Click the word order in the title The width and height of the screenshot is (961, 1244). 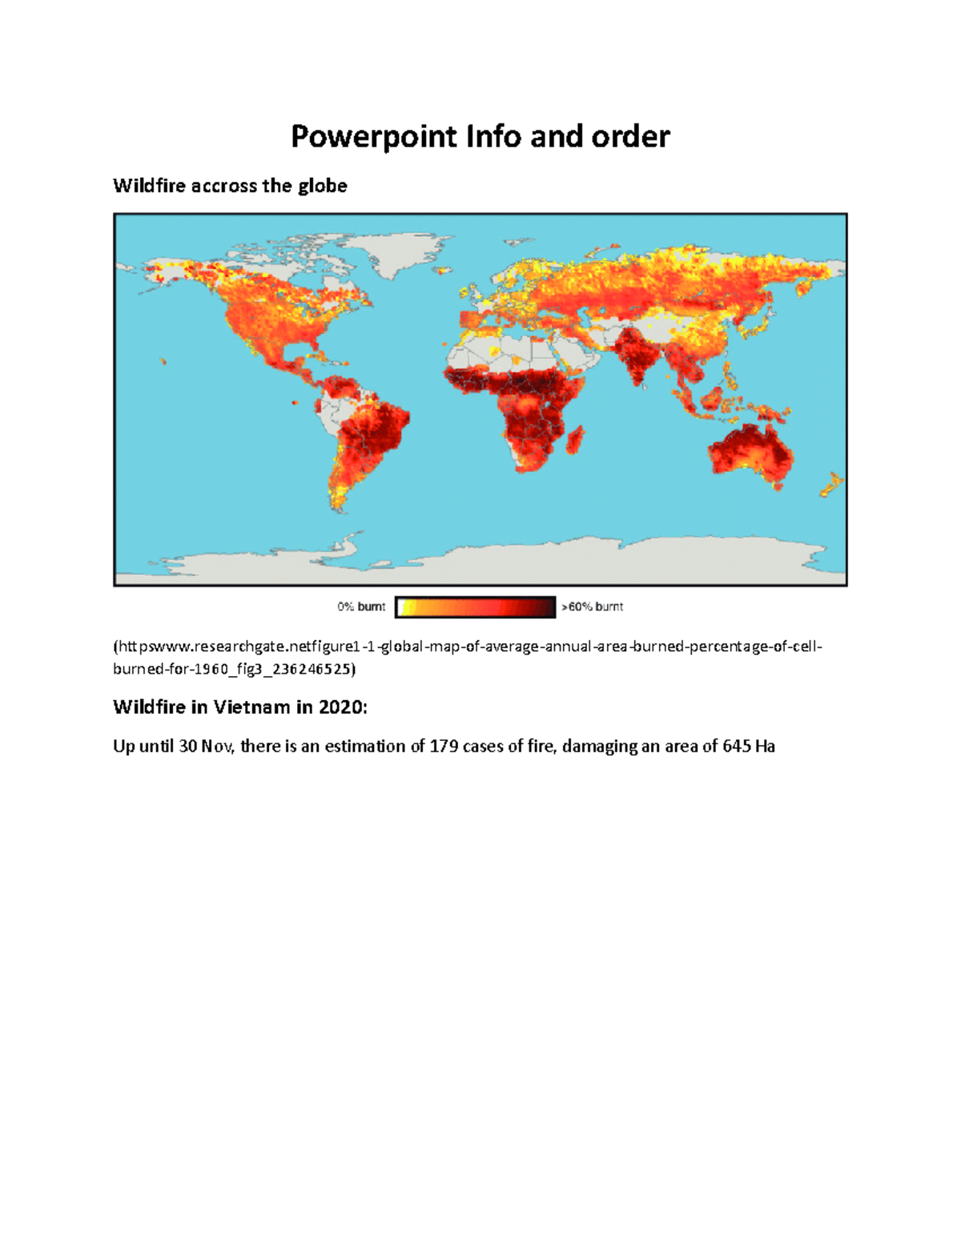pos(630,137)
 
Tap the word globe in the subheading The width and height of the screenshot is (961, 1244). pos(323,186)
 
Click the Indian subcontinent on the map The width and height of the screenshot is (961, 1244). pos(637,356)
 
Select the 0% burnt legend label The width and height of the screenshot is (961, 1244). pos(361,606)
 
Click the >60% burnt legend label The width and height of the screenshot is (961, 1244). pos(592,606)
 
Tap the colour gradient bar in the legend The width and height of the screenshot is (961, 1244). pos(475,607)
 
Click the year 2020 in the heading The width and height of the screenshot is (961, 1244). pos(341,707)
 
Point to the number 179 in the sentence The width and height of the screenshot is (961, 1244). pos(444,747)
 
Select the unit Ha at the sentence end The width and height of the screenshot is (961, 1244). pos(765,747)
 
